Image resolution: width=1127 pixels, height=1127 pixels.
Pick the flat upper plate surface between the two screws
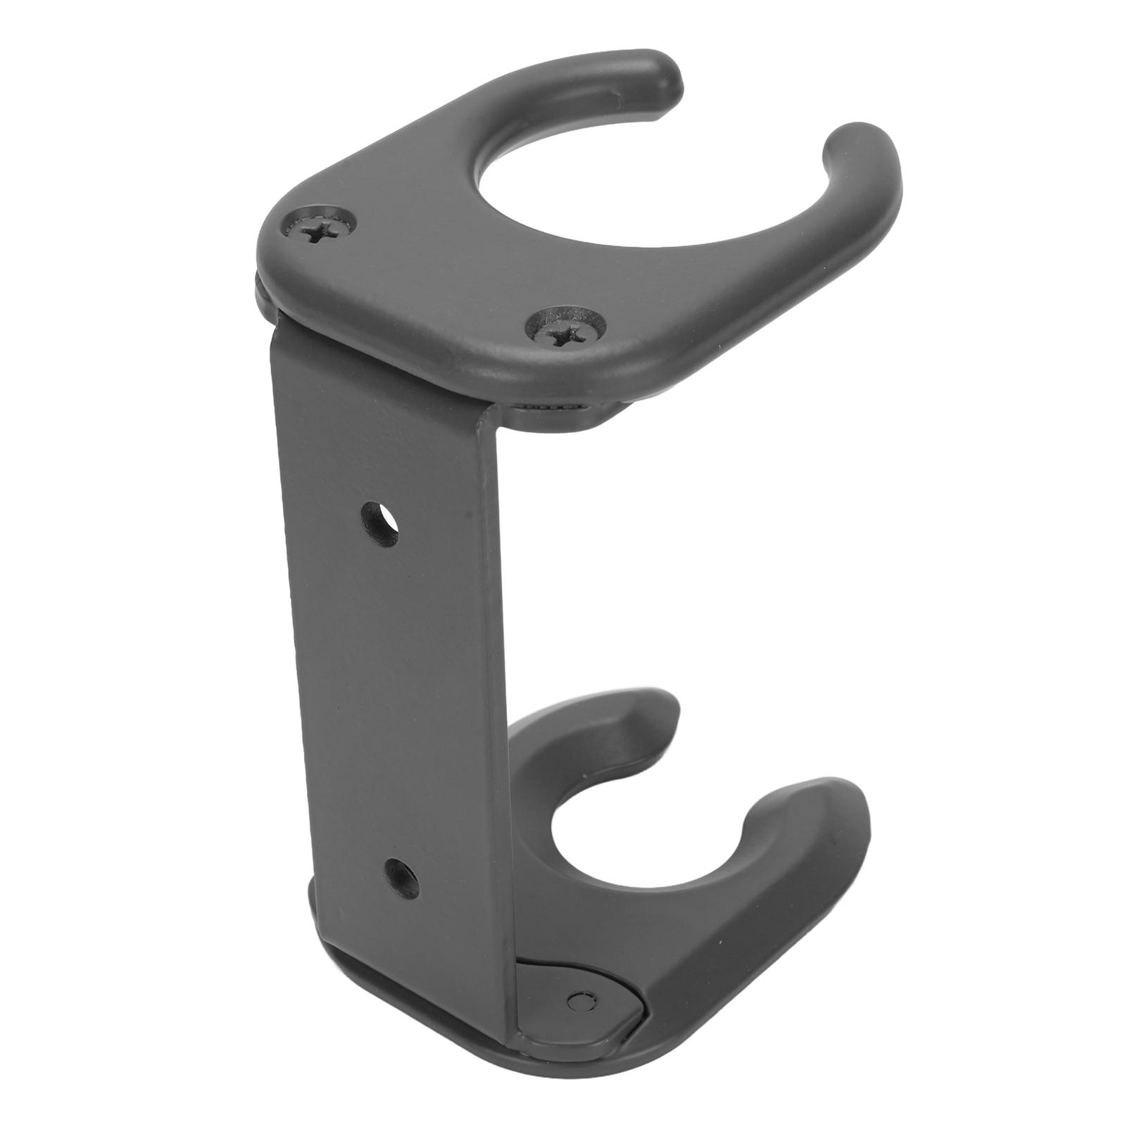click(436, 282)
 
